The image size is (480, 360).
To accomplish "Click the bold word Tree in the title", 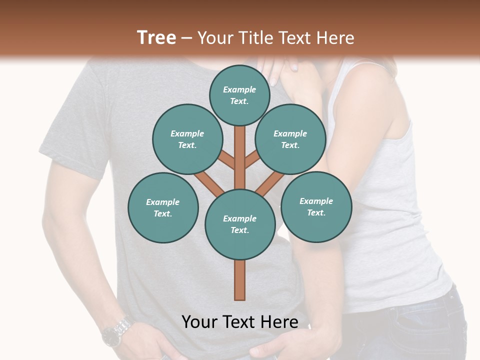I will pyautogui.click(x=156, y=37).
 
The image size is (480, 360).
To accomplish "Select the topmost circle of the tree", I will pyautogui.click(x=239, y=95).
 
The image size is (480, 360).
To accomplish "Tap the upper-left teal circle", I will pyautogui.click(x=187, y=139).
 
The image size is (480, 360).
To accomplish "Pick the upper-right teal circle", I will pyautogui.click(x=290, y=139).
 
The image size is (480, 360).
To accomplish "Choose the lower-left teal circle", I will pyautogui.click(x=163, y=207).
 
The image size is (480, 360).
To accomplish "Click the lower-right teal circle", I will pyautogui.click(x=316, y=206).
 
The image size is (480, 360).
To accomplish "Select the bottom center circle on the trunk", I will pyautogui.click(x=240, y=224).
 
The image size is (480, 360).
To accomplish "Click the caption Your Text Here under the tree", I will pyautogui.click(x=240, y=322).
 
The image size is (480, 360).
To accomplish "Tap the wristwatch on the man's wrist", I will pyautogui.click(x=117, y=331).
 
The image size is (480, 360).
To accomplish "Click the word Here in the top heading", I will pyautogui.click(x=337, y=38).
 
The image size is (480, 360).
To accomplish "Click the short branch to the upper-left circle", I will pyautogui.click(x=227, y=160).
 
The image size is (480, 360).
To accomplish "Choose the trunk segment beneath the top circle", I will pyautogui.click(x=240, y=150).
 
